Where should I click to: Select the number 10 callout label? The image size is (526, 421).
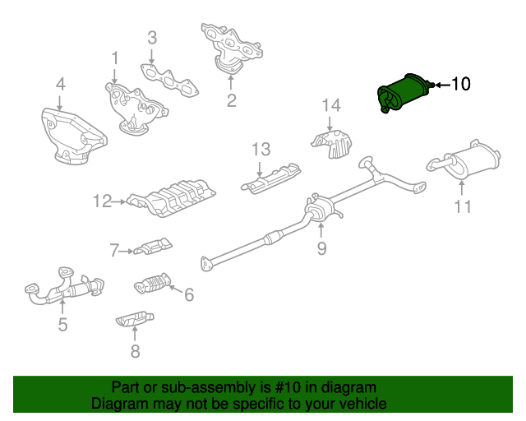461,84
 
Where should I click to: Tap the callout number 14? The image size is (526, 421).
331,105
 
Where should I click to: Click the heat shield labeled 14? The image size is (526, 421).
332,144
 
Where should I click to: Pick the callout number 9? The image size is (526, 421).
321,249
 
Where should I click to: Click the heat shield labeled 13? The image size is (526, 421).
271,179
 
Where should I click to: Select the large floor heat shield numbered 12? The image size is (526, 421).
172,197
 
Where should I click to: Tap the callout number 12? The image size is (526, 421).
102,201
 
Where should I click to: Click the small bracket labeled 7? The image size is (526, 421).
154,248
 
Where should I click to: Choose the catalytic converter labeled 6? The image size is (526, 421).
153,284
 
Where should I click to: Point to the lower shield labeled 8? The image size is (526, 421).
135,318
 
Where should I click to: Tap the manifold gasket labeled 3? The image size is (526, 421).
169,80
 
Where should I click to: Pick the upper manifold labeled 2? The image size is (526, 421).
232,48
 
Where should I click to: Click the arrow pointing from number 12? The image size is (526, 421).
118,201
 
